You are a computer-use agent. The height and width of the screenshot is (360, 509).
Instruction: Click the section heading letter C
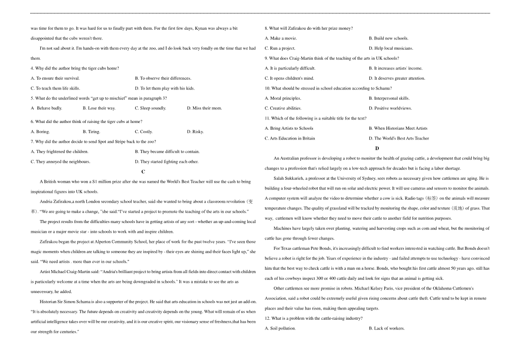[x=143, y=172]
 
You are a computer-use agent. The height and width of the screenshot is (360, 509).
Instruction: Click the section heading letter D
[x=377, y=148]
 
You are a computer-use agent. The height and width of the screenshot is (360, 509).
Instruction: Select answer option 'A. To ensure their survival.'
[x=55, y=78]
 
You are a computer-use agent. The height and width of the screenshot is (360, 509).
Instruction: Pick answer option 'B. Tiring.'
[x=91, y=132]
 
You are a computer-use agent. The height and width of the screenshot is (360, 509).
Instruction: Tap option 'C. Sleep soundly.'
[x=150, y=108]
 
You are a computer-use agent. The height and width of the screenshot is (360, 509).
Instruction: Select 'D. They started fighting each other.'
[x=166, y=162]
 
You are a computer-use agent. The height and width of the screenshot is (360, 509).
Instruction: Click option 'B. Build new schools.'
[x=389, y=39]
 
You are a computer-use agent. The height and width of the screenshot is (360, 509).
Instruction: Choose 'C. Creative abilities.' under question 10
[x=283, y=109]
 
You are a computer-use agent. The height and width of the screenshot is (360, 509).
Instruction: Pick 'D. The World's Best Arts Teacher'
[x=399, y=138]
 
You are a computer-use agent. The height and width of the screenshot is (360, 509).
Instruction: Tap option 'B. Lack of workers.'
[x=386, y=329]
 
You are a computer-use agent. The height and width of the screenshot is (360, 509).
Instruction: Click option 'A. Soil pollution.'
[x=280, y=329]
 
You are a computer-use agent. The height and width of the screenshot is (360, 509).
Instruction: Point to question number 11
[x=267, y=118]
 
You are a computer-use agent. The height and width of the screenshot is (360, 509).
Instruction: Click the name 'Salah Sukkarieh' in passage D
[x=289, y=179]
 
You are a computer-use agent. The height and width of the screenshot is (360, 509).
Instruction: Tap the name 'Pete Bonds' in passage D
[x=317, y=248]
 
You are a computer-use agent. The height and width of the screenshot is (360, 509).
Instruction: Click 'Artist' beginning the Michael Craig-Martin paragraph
[x=45, y=272]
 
